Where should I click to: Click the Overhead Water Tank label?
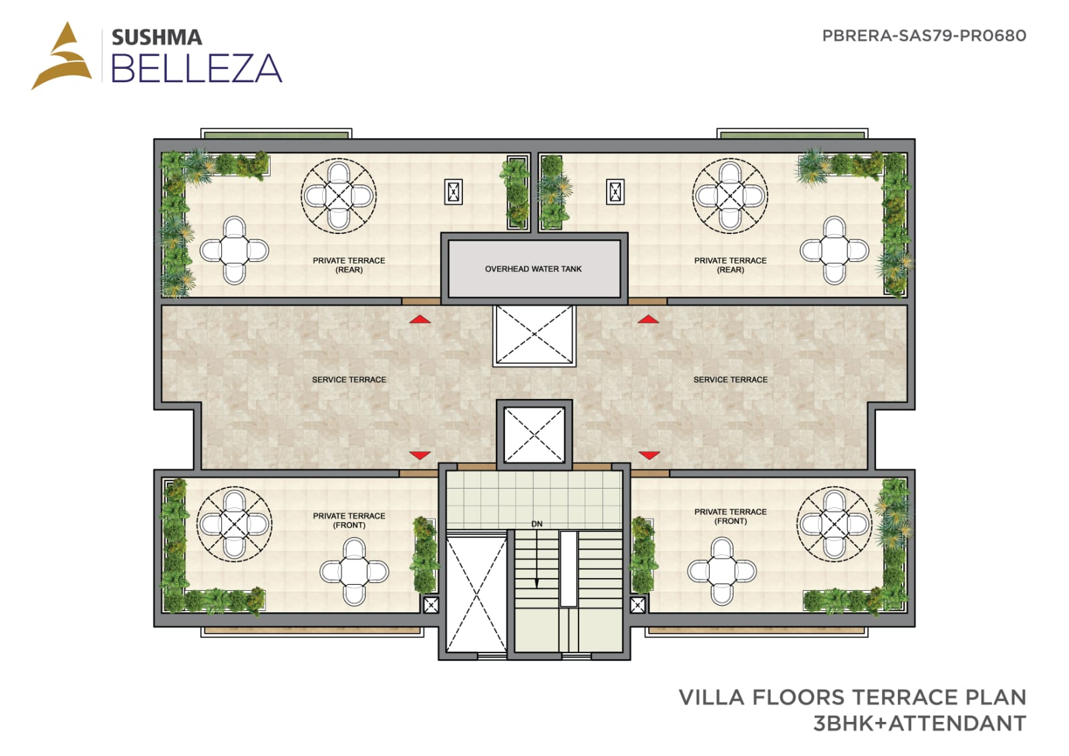pyautogui.click(x=533, y=269)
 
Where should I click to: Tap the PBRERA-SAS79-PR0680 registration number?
pyautogui.click(x=924, y=36)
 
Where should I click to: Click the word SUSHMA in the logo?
pyautogui.click(x=157, y=37)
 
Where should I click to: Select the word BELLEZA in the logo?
pyautogui.click(x=196, y=68)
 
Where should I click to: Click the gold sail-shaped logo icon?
pyautogui.click(x=63, y=55)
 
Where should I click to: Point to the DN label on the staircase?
pyautogui.click(x=537, y=524)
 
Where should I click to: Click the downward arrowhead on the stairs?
pyautogui.click(x=537, y=584)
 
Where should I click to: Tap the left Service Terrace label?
pyautogui.click(x=349, y=380)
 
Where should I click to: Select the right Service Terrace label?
pyautogui.click(x=730, y=380)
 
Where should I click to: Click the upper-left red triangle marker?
pyautogui.click(x=420, y=319)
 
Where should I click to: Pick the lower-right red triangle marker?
pyautogui.click(x=649, y=455)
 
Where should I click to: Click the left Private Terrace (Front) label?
pyautogui.click(x=349, y=520)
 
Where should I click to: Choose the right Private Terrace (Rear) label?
pyautogui.click(x=730, y=265)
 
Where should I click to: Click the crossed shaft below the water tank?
pyautogui.click(x=534, y=336)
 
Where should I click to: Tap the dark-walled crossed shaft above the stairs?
pyautogui.click(x=534, y=435)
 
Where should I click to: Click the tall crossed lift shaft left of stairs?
pyautogui.click(x=476, y=595)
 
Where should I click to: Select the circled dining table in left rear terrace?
pyautogui.click(x=339, y=196)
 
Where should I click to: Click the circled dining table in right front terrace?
pyautogui.click(x=834, y=524)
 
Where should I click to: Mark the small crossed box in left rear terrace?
pyautogui.click(x=454, y=192)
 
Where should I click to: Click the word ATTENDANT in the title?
pyautogui.click(x=957, y=723)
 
